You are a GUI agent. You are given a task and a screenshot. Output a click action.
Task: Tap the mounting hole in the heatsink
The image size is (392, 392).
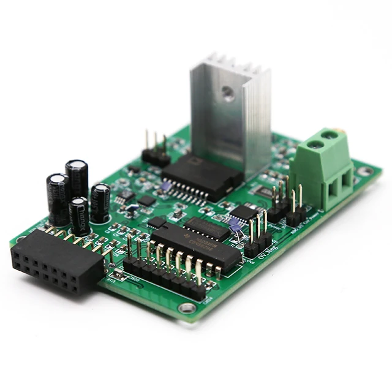228,92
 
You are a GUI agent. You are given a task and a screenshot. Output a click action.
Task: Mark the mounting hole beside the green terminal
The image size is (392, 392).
365,171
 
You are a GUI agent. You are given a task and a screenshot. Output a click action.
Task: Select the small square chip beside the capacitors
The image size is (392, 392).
147,200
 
